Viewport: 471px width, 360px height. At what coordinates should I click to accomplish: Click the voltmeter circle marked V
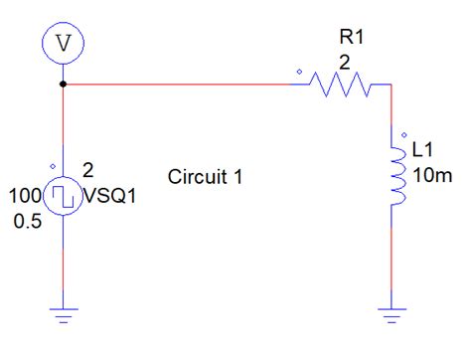point(65,42)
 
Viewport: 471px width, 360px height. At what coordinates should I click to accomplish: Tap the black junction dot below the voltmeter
point(65,85)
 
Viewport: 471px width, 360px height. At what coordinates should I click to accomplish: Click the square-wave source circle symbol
point(65,195)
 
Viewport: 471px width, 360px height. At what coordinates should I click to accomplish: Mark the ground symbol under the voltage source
point(65,313)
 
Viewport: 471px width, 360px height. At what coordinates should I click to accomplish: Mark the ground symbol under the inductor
point(394,313)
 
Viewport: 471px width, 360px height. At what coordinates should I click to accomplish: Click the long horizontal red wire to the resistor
point(179,86)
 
